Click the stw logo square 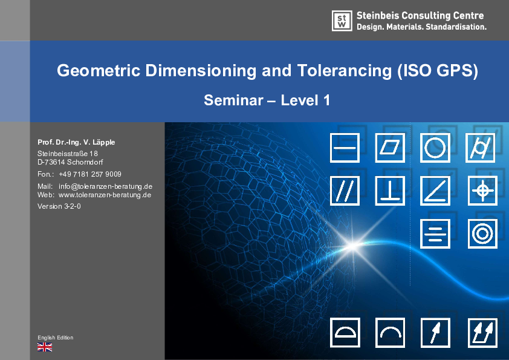pyautogui.click(x=342, y=21)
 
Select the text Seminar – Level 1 pyautogui.click(x=267, y=100)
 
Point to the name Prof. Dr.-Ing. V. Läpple pyautogui.click(x=76, y=142)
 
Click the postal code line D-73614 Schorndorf pyautogui.click(x=70, y=162)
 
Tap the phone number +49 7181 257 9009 pyautogui.click(x=90, y=174)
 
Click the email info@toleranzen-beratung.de pyautogui.click(x=105, y=186)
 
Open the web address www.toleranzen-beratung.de pyautogui.click(x=105, y=195)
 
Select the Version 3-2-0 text pyautogui.click(x=59, y=206)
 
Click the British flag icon pyautogui.click(x=45, y=347)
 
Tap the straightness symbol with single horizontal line pyautogui.click(x=345, y=148)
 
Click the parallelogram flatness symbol pyautogui.click(x=390, y=148)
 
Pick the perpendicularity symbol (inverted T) pyautogui.click(x=390, y=191)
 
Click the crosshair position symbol pyautogui.click(x=482, y=191)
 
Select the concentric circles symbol pyautogui.click(x=482, y=234)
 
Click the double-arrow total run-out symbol pyautogui.click(x=482, y=333)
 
